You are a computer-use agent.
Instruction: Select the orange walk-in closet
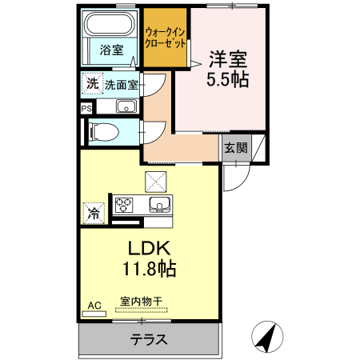point(166,38)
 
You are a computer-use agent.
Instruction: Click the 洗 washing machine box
point(92,83)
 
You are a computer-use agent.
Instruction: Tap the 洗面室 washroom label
point(122,84)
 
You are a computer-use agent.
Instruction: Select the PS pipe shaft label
point(86,106)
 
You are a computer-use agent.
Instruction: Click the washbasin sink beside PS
point(125,106)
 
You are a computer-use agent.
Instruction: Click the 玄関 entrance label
point(235,147)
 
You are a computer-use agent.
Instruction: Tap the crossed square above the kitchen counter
point(154,180)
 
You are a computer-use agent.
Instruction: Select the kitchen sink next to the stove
point(160,205)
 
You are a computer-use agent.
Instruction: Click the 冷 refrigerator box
point(93,214)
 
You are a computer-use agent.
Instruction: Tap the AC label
point(94,304)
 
